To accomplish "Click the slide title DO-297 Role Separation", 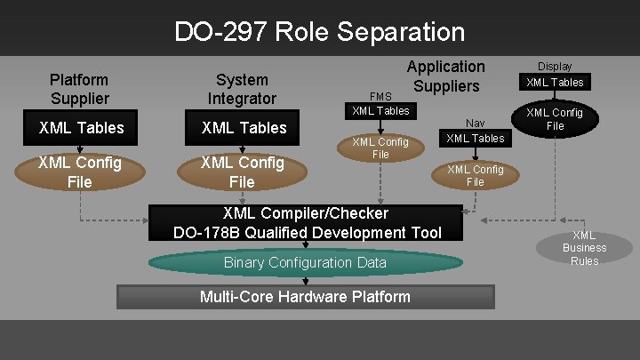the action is tap(319, 33).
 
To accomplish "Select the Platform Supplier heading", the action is tap(79, 89).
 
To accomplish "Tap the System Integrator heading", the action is tap(242, 89).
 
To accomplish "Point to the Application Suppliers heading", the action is tap(445, 76).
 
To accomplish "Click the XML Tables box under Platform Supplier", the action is tap(82, 128).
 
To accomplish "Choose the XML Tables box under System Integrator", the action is tap(244, 128).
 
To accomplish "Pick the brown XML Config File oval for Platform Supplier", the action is tap(79, 172).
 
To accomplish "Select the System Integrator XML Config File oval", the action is tap(242, 172).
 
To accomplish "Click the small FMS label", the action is tap(380, 96).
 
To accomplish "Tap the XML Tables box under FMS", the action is tap(380, 111).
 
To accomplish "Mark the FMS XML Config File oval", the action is tap(380, 148).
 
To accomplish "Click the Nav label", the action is tap(476, 124).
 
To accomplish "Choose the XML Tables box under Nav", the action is tap(476, 138).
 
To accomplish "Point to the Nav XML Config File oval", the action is tap(476, 175).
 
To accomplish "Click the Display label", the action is tap(555, 67).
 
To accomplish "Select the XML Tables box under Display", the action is tap(555, 83).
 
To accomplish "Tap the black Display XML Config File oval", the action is tap(555, 119).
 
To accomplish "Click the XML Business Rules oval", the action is tap(584, 248).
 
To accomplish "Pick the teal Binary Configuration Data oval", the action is tap(305, 262).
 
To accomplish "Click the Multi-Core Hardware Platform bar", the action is tap(305, 297).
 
